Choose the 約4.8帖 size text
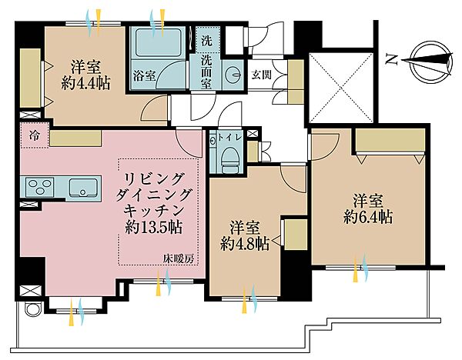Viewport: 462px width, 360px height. click(x=244, y=244)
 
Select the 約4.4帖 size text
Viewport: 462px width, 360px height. click(x=85, y=82)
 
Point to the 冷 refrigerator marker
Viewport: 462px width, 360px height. click(x=34, y=134)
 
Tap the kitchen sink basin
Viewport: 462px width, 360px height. click(x=81, y=187)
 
